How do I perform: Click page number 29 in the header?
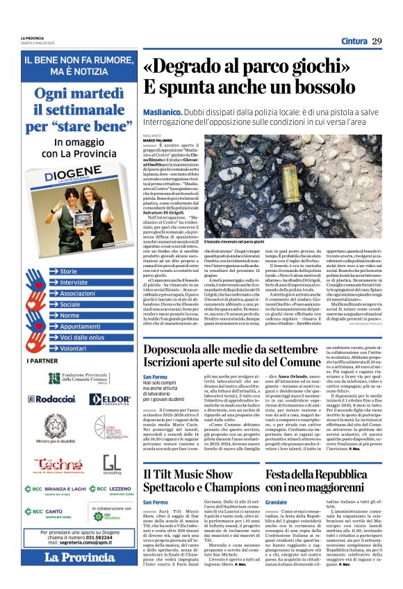pos(377,41)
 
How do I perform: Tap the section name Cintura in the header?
pos(354,42)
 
